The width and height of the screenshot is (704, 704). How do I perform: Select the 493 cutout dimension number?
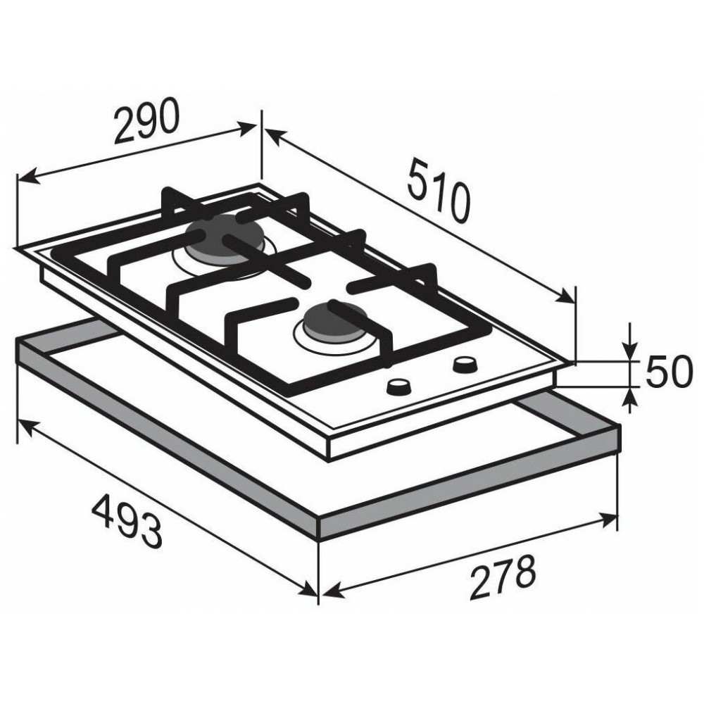127,520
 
